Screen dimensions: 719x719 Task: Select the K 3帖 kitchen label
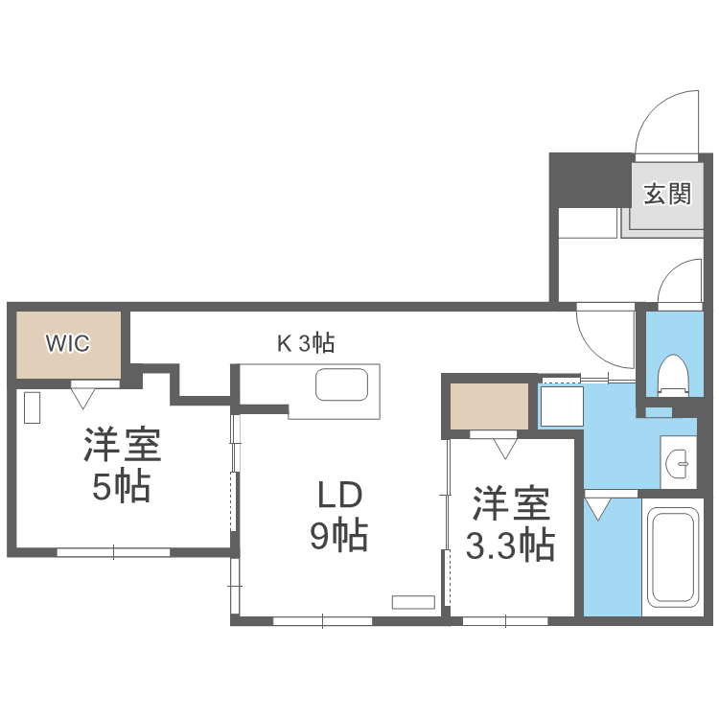click(306, 342)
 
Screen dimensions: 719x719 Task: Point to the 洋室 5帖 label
click(121, 466)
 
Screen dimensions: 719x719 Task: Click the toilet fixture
click(674, 375)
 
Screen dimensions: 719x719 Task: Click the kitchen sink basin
click(342, 386)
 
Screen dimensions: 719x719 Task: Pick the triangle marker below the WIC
click(82, 393)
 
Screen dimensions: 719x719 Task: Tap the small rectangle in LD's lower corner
click(413, 602)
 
